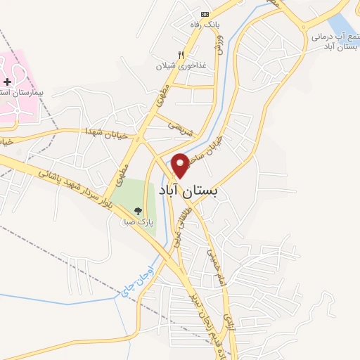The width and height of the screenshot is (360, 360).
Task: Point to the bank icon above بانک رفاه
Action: pyautogui.click(x=205, y=14)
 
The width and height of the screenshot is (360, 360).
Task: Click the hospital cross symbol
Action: pyautogui.click(x=7, y=82)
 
